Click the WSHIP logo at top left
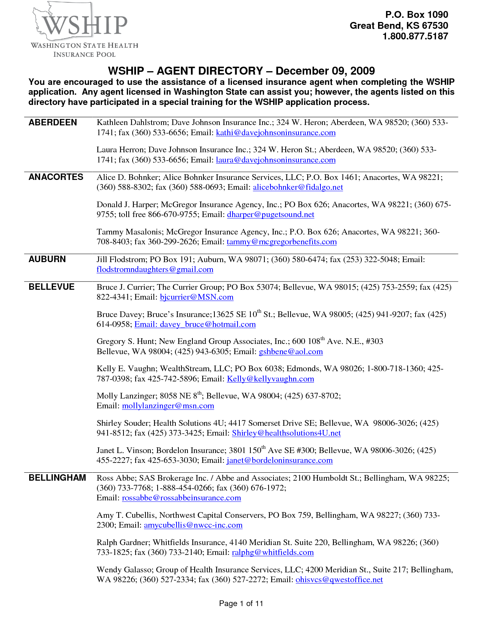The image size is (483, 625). [84, 30]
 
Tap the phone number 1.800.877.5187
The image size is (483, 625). [415, 36]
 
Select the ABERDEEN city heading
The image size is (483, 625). [53, 122]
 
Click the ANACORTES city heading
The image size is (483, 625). [56, 177]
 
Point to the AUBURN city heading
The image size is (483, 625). [47, 259]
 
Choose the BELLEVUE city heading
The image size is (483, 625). [52, 287]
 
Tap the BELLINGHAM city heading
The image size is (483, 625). [57, 478]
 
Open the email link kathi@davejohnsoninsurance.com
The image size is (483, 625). [276, 133]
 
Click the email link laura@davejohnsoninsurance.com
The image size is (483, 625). [276, 160]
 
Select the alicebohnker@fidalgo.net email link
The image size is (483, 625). [298, 187]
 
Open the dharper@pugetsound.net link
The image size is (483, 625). [270, 214]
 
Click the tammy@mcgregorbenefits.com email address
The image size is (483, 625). [281, 242]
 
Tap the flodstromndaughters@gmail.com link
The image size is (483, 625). [155, 269]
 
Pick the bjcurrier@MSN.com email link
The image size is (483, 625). [197, 297]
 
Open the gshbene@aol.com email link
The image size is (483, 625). [291, 352]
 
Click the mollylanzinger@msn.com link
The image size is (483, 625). [168, 406]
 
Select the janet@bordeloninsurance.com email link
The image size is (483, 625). [280, 460]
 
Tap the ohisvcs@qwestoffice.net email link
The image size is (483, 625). [339, 580]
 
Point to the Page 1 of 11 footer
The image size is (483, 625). [241, 603]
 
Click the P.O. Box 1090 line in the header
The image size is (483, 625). [417, 15]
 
